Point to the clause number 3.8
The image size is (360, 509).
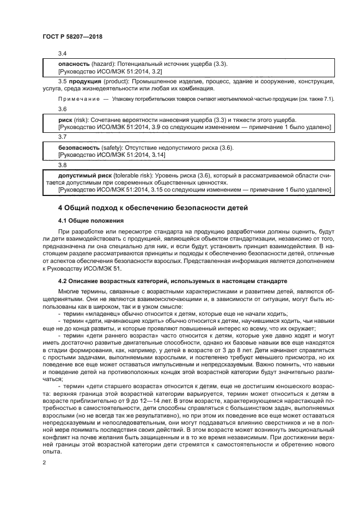pyautogui.click(x=62, y=165)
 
